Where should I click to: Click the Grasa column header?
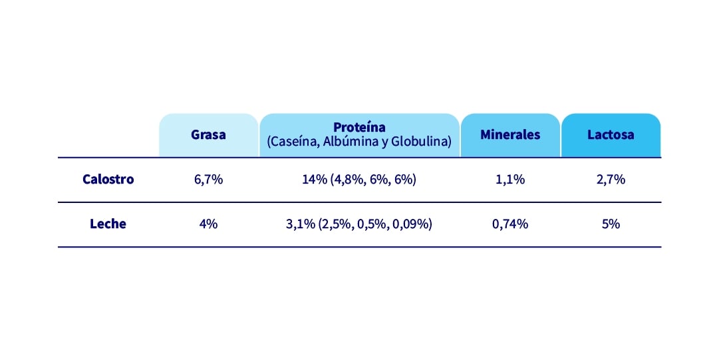tap(208, 134)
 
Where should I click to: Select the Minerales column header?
tap(510, 134)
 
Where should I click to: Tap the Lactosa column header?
tap(611, 134)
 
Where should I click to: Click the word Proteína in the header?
tap(359, 127)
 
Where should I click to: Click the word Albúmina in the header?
tap(350, 142)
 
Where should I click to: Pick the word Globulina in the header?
tap(420, 142)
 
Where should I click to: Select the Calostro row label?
tap(108, 179)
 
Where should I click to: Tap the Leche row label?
tap(108, 224)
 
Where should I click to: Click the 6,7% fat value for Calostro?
tap(208, 180)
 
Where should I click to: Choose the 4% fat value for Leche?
tap(208, 224)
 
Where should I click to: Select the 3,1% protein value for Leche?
tap(299, 224)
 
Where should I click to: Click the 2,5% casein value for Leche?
tap(335, 224)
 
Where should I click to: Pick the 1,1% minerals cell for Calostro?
tap(510, 180)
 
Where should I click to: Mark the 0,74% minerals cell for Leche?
tap(510, 224)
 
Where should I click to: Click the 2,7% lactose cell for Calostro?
tap(611, 180)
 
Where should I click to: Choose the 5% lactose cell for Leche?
tap(611, 224)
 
